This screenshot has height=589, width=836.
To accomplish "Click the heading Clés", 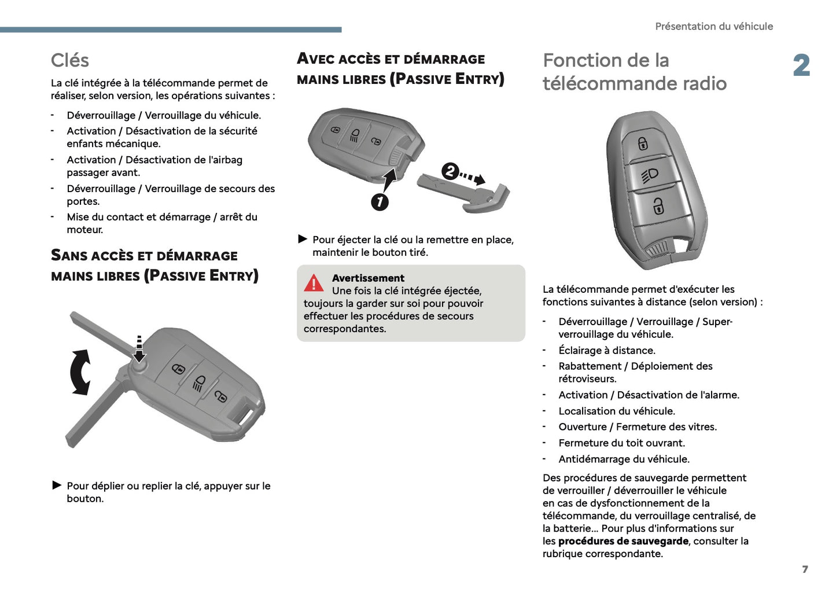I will point(69,60).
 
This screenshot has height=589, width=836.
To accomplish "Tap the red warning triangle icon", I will point(314,283).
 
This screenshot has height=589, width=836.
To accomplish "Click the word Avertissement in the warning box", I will point(368,278).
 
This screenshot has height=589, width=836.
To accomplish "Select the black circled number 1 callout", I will point(380,202).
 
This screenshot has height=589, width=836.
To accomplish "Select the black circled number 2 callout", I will point(450,172).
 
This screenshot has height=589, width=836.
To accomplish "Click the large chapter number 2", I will point(801,65).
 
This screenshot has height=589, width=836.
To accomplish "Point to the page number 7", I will point(805,569).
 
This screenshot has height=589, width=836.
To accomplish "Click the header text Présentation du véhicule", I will point(713,27).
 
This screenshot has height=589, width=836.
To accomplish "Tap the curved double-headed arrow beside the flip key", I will point(80,372).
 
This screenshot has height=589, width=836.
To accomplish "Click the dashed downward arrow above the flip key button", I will point(139,348).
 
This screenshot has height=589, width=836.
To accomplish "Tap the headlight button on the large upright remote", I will point(650,174).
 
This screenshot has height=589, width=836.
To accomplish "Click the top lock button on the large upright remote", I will point(643,143).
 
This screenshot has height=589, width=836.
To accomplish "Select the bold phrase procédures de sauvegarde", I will point(623,542).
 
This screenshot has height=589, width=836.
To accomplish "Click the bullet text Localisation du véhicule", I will point(617,411).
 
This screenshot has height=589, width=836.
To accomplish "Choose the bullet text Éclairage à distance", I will point(607,351).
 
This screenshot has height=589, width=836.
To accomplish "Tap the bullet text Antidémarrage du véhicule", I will point(624,459).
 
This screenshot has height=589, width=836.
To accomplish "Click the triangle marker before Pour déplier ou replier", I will point(57,485).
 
